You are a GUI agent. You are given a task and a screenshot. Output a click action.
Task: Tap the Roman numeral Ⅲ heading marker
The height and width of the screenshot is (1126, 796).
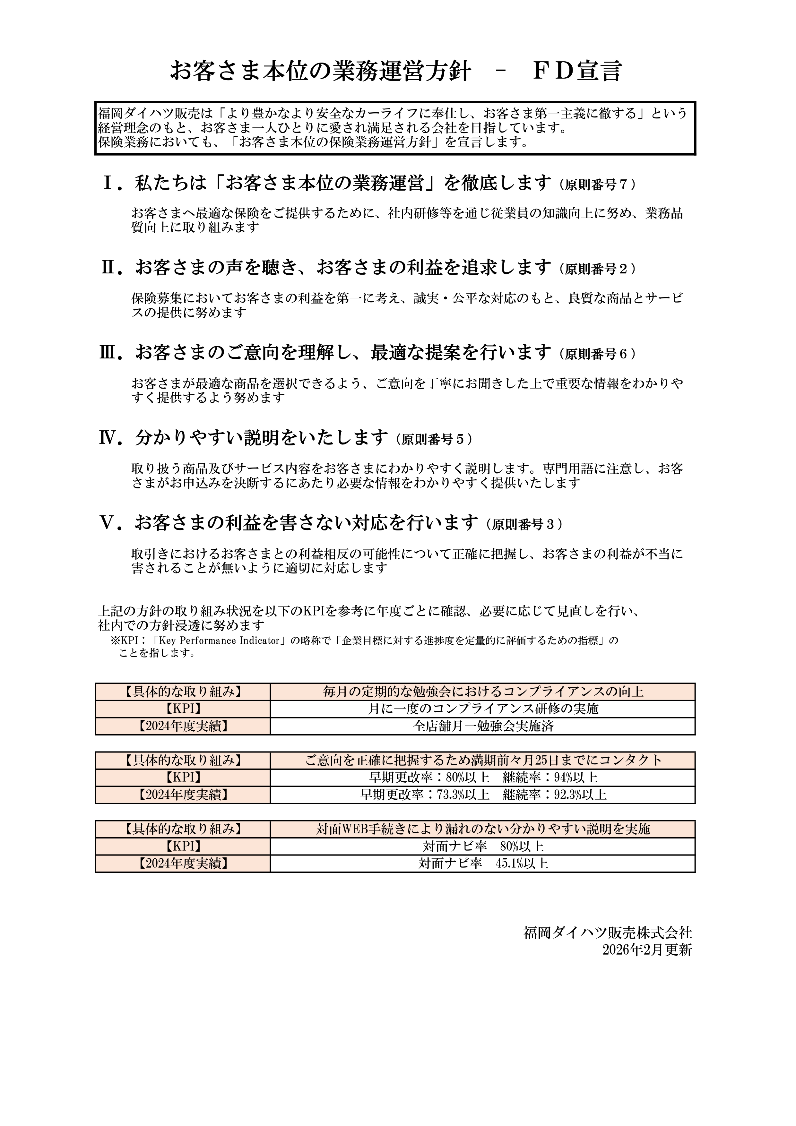click(x=109, y=353)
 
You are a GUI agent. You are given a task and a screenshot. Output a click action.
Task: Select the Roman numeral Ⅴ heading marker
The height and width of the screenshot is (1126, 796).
click(x=109, y=523)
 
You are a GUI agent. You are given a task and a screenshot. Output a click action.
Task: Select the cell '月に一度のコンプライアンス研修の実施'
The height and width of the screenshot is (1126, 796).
click(x=483, y=709)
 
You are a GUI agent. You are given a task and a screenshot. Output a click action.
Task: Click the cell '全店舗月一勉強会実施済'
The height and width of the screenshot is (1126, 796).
click(x=483, y=726)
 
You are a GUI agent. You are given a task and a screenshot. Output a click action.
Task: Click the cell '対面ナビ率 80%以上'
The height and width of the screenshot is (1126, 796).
click(x=483, y=846)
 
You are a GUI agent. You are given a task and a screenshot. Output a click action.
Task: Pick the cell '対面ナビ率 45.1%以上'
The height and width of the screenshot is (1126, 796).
click(x=483, y=863)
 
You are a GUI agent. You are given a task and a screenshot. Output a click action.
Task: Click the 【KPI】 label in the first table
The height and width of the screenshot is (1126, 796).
click(x=183, y=709)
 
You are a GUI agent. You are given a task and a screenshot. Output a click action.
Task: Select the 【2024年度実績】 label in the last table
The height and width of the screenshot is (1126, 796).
click(x=183, y=863)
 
